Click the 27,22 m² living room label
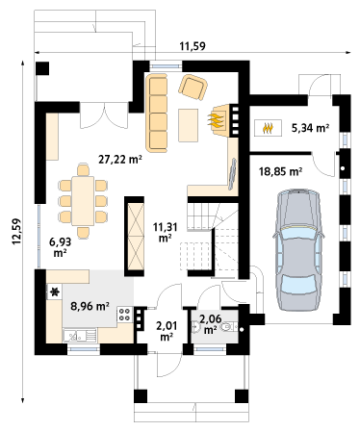(x=120, y=159)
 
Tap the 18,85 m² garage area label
(x=280, y=171)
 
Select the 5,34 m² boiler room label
(x=310, y=128)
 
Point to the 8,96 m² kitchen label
(x=90, y=306)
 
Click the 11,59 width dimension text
(x=193, y=46)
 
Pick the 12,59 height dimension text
(x=16, y=231)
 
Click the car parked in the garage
(x=298, y=249)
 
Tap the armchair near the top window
(x=193, y=87)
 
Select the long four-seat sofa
(x=157, y=113)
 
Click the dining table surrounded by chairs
(x=83, y=201)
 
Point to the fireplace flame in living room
(x=216, y=120)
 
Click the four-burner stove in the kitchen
(x=125, y=315)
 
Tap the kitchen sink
(x=80, y=337)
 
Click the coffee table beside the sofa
(x=189, y=125)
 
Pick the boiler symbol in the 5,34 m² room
(x=269, y=128)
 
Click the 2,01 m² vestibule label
(x=167, y=331)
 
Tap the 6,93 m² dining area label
(x=60, y=247)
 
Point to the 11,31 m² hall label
(x=166, y=232)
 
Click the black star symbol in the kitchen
(x=55, y=292)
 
